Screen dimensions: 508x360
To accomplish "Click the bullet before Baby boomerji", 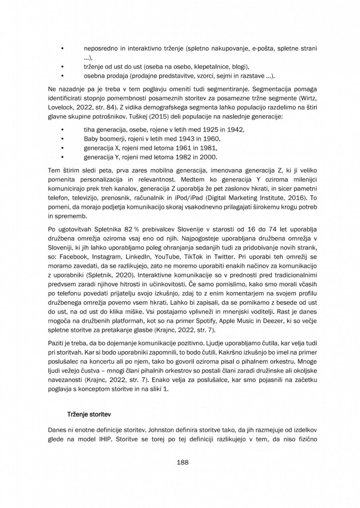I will click(62, 139).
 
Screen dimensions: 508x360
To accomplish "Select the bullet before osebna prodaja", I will click(62, 76).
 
